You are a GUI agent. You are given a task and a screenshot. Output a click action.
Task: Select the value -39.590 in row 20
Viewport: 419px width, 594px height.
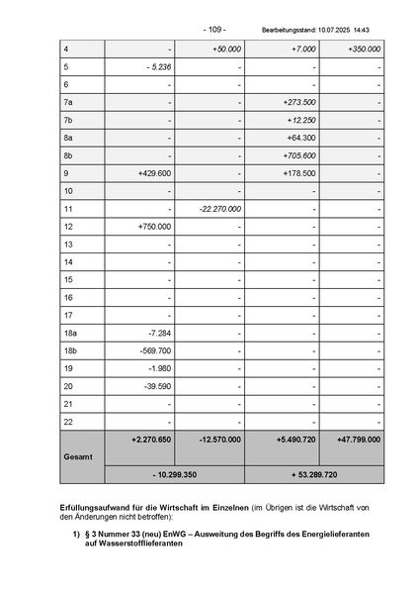(158, 386)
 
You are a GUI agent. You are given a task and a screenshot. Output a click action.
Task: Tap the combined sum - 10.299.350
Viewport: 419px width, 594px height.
(174, 475)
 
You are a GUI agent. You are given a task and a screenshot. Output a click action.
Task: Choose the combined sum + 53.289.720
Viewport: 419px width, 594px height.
(315, 475)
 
